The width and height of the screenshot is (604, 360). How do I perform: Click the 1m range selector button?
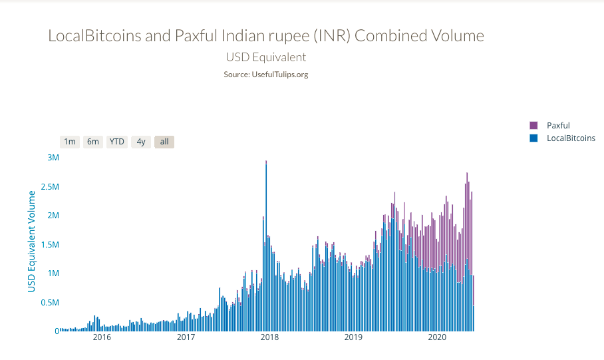click(x=70, y=142)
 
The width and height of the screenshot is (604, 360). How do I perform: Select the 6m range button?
click(x=93, y=142)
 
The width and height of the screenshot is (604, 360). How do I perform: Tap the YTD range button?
click(x=117, y=142)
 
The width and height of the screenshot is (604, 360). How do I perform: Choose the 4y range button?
click(x=141, y=142)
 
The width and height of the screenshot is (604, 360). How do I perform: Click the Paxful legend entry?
click(x=558, y=125)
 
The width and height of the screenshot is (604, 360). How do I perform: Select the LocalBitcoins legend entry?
click(x=570, y=138)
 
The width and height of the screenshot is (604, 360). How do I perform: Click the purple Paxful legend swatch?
click(x=533, y=125)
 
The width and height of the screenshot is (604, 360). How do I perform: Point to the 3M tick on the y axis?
click(x=53, y=158)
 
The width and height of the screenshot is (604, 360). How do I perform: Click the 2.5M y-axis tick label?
click(x=49, y=187)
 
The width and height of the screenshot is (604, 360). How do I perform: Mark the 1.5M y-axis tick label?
click(x=49, y=245)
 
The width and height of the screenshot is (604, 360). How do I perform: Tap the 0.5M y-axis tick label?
click(x=49, y=303)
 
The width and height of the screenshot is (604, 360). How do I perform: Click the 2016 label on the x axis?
click(x=102, y=337)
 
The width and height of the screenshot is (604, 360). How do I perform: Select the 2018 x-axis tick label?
click(x=269, y=337)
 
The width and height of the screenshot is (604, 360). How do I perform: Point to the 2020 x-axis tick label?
click(x=437, y=337)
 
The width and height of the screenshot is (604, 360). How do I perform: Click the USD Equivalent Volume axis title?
click(x=31, y=241)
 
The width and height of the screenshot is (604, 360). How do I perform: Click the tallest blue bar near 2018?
click(x=266, y=246)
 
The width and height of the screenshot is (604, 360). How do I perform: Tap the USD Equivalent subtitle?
click(x=266, y=57)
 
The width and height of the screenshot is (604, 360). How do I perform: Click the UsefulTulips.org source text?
click(x=279, y=75)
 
